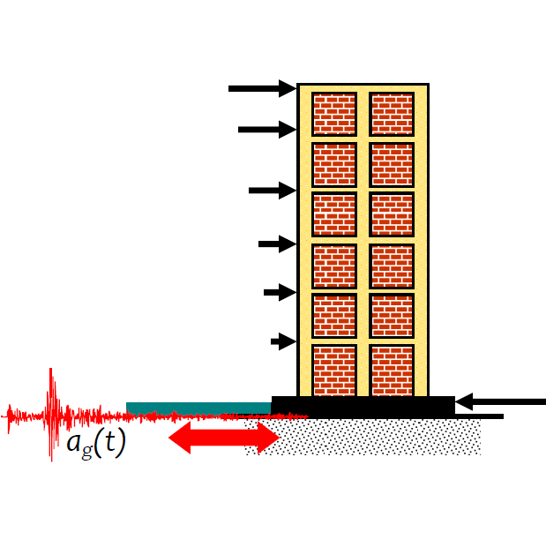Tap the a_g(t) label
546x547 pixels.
click(96, 443)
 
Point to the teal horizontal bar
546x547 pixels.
click(198, 408)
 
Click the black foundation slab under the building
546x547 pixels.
click(363, 406)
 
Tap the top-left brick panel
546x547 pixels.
click(334, 114)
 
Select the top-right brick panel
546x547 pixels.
click(392, 114)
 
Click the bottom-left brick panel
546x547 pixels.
click(334, 370)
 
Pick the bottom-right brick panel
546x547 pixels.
click(392, 370)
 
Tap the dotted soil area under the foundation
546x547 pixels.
click(370, 437)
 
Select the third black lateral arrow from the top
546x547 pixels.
click(272, 190)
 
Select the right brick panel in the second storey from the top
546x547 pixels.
click(392, 164)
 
